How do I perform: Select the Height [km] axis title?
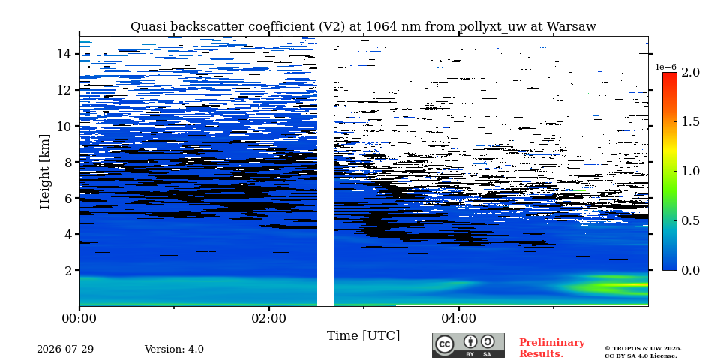coord(44,172)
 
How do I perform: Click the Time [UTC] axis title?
coord(363,336)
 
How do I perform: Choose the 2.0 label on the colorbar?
coord(691,72)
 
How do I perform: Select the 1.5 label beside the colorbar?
coord(691,121)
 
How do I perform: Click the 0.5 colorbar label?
coord(691,220)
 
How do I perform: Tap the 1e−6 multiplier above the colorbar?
coord(665,67)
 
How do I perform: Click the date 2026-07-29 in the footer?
coord(65,349)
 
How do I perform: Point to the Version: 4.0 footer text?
coord(174,349)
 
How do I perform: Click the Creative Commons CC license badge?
coord(468,345)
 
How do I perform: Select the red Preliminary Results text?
coord(552,348)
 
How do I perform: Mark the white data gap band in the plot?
coord(325,171)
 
